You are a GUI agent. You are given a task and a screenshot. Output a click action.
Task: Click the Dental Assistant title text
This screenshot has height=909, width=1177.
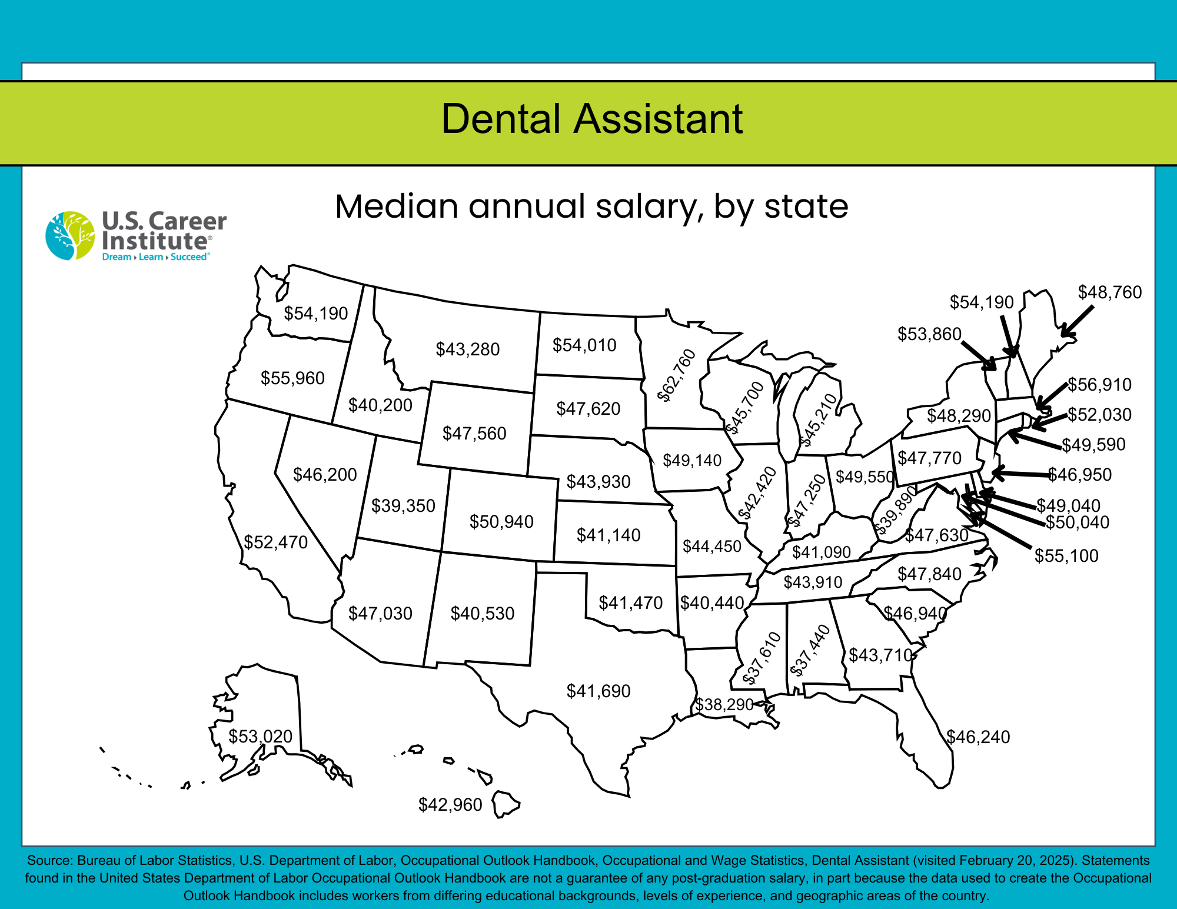(591, 119)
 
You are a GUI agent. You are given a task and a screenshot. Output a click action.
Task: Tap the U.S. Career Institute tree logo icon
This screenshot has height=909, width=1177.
(70, 235)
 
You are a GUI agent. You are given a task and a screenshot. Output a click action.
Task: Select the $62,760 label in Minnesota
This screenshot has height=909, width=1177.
(677, 375)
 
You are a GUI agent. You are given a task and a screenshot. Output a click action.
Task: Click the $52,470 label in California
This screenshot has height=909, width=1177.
(275, 542)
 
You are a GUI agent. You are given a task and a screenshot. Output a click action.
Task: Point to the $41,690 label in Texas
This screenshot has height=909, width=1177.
(598, 691)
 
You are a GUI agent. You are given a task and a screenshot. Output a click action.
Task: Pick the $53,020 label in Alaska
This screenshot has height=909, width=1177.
(260, 736)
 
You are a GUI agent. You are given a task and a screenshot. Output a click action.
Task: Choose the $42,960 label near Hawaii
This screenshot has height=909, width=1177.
(450, 804)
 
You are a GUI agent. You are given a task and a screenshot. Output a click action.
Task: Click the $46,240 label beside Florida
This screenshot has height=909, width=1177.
(978, 737)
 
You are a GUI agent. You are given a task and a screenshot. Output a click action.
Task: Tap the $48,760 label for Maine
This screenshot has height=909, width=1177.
(1109, 292)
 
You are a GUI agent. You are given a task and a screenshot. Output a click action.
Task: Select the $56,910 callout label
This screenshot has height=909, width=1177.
(1099, 385)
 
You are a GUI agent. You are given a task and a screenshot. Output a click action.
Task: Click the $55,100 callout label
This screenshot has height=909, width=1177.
(1066, 555)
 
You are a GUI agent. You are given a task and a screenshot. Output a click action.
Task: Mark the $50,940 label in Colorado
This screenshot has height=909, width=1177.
(501, 521)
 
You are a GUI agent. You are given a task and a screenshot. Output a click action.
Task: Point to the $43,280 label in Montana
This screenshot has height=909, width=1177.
(467, 349)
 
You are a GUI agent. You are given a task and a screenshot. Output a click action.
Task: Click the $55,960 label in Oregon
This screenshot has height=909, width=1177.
(292, 378)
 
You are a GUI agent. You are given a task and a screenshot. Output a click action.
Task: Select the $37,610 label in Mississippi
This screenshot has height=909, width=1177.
(762, 658)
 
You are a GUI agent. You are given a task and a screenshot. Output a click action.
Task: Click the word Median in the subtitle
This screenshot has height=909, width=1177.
(397, 207)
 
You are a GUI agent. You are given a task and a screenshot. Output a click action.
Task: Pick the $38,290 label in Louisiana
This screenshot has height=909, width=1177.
(724, 704)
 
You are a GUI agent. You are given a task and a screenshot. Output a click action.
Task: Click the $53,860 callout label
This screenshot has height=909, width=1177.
(929, 334)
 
